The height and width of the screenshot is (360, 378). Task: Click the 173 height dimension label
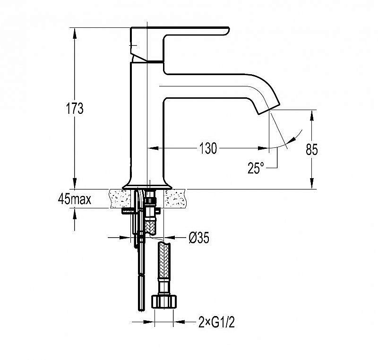pos(75,109)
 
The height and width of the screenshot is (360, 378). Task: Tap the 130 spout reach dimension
pos(208,148)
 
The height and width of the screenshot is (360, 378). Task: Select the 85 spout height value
pos(312,149)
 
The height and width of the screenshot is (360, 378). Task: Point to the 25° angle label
pos(256,168)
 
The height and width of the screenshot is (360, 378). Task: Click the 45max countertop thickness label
pos(75,199)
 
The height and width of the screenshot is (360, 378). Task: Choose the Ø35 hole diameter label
pos(199,238)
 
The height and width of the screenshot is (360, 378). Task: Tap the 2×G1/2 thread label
pos(216,322)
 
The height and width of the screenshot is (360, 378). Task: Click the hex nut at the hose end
pos(164,301)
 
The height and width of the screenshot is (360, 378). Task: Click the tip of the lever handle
pos(227,30)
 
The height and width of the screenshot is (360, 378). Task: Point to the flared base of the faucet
pos(147,186)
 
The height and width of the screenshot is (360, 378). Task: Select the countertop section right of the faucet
pos(175,198)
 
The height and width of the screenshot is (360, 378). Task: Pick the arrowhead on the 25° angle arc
pos(292,140)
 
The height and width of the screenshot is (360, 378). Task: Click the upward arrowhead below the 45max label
pos(75,214)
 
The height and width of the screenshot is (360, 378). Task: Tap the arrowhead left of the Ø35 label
pos(124,238)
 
